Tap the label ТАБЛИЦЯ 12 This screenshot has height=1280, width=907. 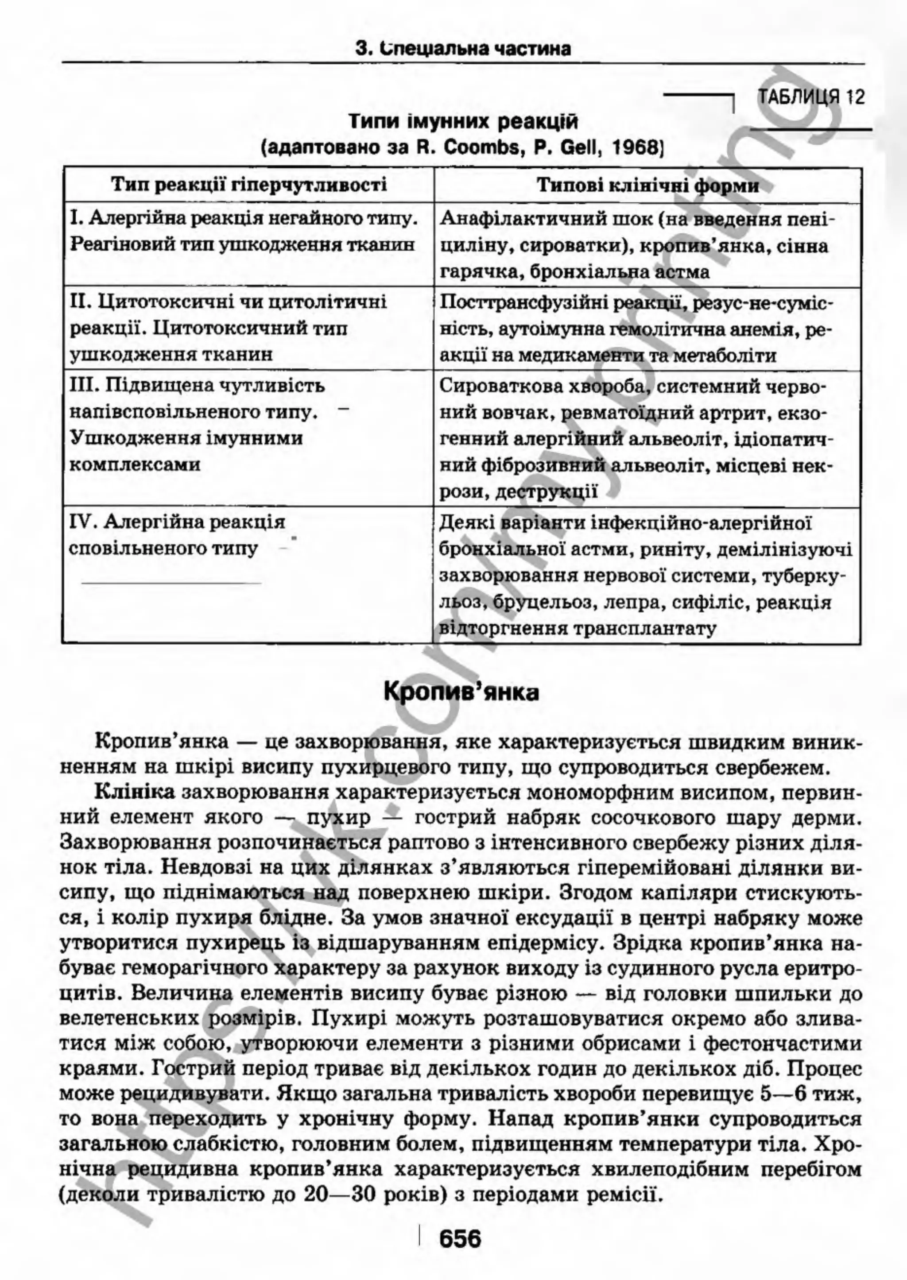pos(811,97)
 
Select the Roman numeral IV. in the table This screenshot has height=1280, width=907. pos(84,522)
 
